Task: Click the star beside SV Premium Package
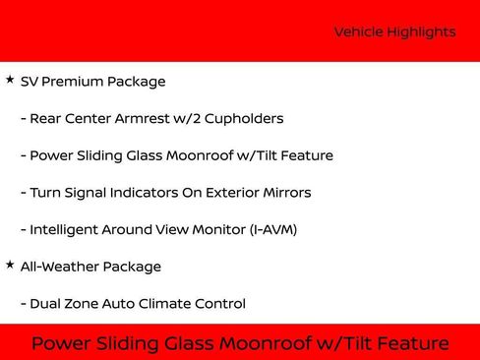pyautogui.click(x=10, y=80)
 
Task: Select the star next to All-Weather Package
pyautogui.click(x=10, y=265)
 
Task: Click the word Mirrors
pyautogui.click(x=284, y=193)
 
